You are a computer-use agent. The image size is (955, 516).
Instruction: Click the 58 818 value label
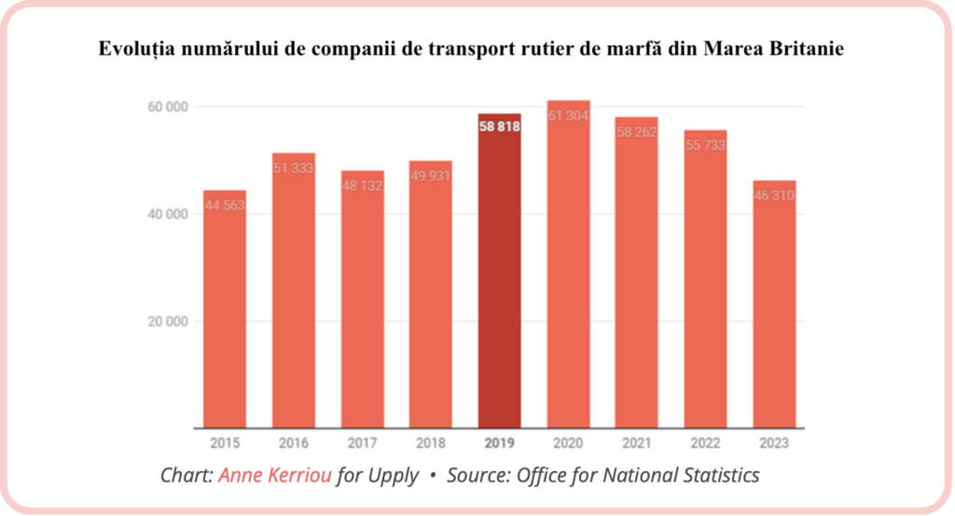pyautogui.click(x=500, y=127)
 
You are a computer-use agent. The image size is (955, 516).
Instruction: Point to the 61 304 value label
pyautogui.click(x=568, y=115)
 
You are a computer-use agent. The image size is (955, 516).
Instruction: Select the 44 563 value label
pyautogui.click(x=224, y=205)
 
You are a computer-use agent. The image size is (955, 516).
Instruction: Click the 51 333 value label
pyautogui.click(x=293, y=168)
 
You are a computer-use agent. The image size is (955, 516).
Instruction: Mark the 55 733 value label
pyautogui.click(x=705, y=146)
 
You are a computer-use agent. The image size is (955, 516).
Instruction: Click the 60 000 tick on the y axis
pyautogui.click(x=169, y=106)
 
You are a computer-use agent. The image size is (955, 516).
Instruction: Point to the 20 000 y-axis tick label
pyautogui.click(x=169, y=322)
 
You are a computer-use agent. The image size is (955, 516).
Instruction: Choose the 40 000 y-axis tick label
pyautogui.click(x=169, y=214)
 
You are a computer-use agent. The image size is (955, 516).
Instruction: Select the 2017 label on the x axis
pyautogui.click(x=362, y=443)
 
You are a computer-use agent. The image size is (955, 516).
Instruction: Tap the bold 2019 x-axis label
pyautogui.click(x=499, y=443)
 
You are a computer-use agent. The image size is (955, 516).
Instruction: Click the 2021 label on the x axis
pyautogui.click(x=637, y=443)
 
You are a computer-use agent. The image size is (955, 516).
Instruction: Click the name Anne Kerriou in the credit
pyautogui.click(x=275, y=476)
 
